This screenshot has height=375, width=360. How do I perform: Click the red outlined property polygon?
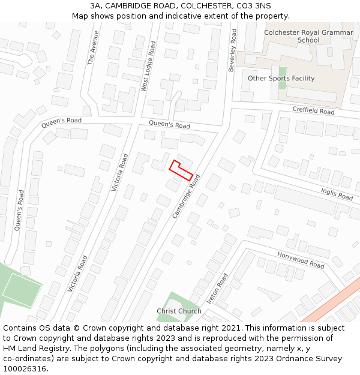[182, 171]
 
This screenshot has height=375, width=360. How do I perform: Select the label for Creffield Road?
[313, 111]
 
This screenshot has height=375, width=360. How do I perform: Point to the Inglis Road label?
[337, 193]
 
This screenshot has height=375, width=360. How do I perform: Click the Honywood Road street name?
[300, 260]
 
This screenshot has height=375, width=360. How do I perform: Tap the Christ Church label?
[179, 311]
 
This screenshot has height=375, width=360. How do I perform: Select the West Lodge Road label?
[148, 66]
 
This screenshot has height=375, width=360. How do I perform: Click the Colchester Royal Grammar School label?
[300, 36]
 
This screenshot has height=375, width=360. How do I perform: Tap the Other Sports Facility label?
[281, 79]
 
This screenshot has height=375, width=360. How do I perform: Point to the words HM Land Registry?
[30, 349]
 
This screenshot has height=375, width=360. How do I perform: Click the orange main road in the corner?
[327, 302]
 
